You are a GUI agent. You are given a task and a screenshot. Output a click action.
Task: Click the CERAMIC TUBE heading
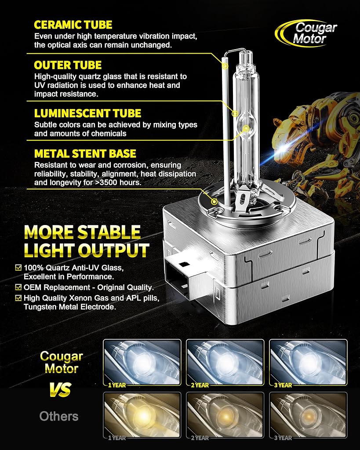tap(73, 25)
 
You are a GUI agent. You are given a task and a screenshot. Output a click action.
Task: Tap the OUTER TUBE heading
tap(68, 65)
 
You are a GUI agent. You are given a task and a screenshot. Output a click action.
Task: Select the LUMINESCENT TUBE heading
tap(87, 113)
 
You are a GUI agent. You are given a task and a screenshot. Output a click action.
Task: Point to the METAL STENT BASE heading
tap(85, 154)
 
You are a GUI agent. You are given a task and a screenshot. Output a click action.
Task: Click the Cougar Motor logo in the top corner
tap(306, 33)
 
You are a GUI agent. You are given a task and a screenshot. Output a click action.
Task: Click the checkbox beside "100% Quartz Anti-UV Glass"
tap(18, 268)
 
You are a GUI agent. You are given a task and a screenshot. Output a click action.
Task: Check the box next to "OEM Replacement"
tap(18, 287)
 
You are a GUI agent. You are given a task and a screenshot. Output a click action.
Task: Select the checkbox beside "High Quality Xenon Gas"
tap(18, 298)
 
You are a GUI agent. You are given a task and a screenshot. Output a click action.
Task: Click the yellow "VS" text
tap(60, 389)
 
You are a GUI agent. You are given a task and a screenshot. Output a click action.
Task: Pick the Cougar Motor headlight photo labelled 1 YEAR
tap(142, 363)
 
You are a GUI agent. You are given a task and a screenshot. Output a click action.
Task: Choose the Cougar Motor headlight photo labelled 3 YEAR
tap(308, 363)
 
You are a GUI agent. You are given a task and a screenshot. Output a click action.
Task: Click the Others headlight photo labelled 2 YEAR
tap(225, 415)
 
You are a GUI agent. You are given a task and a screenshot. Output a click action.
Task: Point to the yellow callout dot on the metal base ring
tap(214, 201)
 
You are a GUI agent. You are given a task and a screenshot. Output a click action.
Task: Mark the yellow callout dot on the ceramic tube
tap(225, 66)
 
